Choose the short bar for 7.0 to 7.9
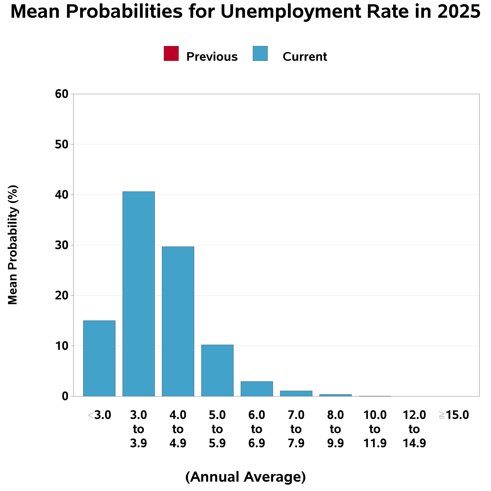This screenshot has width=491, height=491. pyautogui.click(x=296, y=393)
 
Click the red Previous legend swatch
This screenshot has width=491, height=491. pyautogui.click(x=171, y=53)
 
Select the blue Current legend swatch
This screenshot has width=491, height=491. pyautogui.click(x=260, y=53)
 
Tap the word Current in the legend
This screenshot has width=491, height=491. pyautogui.click(x=304, y=57)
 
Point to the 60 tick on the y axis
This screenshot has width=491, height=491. pyautogui.click(x=62, y=94)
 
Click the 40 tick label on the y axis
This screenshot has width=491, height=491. pyautogui.click(x=62, y=195)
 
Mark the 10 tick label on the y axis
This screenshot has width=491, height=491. pyautogui.click(x=62, y=346)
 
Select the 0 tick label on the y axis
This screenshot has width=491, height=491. pyautogui.click(x=65, y=396)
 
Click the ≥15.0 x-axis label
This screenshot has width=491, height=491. pyautogui.click(x=454, y=415)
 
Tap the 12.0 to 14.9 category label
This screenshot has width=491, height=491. pyautogui.click(x=414, y=429)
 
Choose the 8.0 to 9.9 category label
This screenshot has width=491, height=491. pyautogui.click(x=336, y=429)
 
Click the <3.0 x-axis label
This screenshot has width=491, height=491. pyautogui.click(x=99, y=415)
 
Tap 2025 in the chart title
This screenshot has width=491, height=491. pyautogui.click(x=459, y=12)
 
